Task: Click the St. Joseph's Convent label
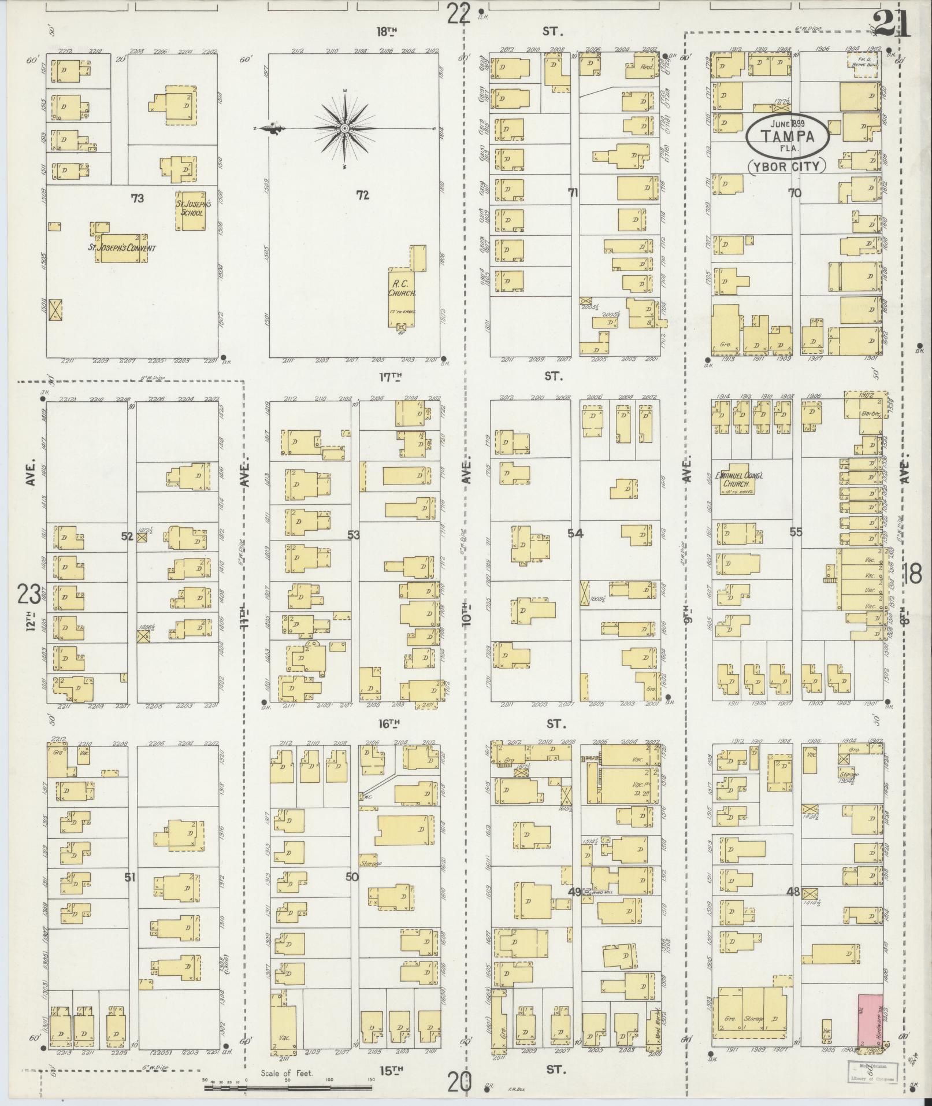point(121,249)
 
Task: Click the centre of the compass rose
point(344,128)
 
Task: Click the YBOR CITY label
point(787,167)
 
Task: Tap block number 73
point(137,198)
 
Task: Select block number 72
point(362,195)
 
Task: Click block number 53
point(353,535)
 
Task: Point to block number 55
point(796,532)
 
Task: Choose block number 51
point(129,893)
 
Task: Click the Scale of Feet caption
point(287,1073)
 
